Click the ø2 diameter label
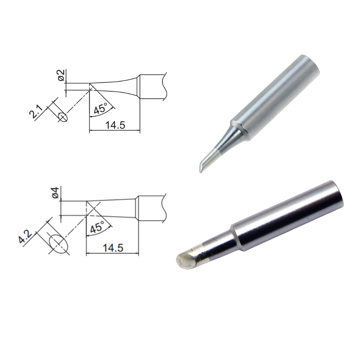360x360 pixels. [x=61, y=75]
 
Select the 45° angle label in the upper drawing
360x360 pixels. [x=101, y=108]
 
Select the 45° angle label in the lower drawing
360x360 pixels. [x=97, y=227]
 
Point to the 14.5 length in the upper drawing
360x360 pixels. [x=115, y=125]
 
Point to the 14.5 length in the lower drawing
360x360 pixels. [x=113, y=248]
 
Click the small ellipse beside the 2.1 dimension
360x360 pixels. [x=63, y=117]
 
